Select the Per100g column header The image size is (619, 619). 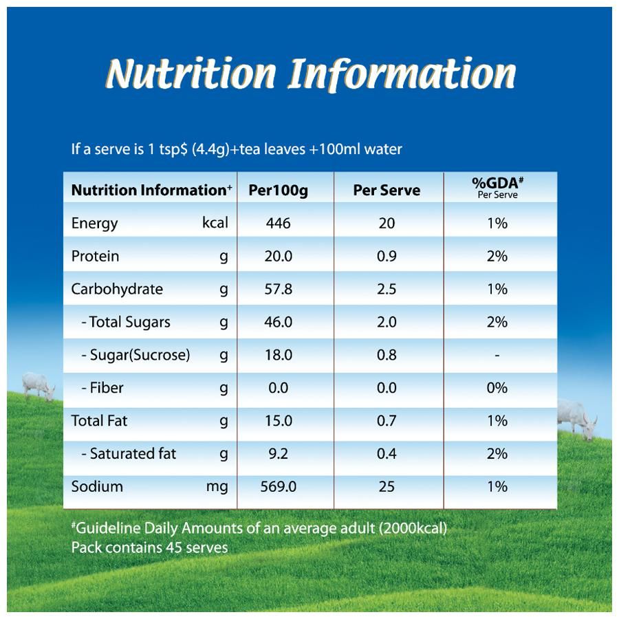[278, 191]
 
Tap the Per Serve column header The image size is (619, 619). [387, 191]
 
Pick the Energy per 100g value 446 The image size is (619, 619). [278, 224]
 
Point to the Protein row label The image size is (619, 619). [95, 257]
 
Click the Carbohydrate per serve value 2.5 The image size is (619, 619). [387, 290]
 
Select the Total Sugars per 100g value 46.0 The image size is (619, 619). [278, 323]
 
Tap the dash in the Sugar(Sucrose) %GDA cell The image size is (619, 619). [497, 356]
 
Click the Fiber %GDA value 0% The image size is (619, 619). [497, 389]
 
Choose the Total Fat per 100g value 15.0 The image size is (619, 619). [278, 421]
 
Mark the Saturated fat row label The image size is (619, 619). [133, 454]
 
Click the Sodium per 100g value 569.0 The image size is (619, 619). [278, 487]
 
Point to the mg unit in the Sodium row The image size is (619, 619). [217, 488]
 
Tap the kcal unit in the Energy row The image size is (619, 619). [215, 223]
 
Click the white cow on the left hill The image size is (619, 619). [38, 385]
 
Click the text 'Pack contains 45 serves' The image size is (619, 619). [149, 548]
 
